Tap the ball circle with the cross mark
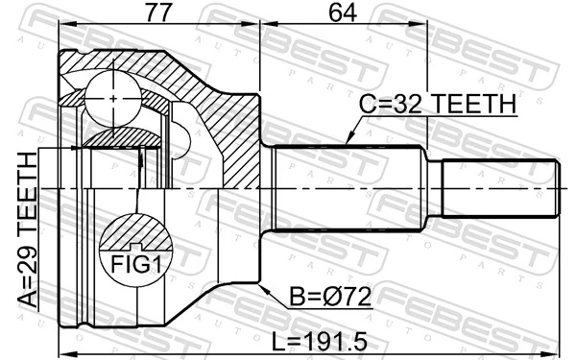(112, 97)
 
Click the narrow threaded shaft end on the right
(499, 189)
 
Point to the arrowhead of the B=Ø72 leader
(261, 285)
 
